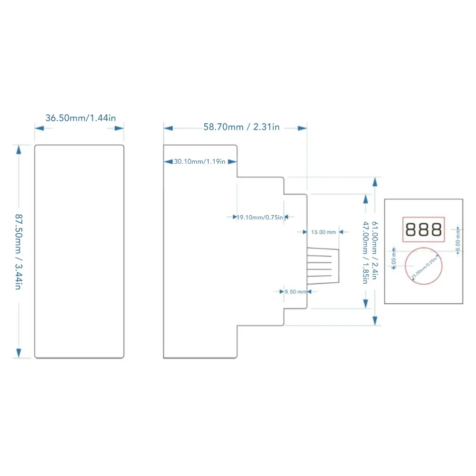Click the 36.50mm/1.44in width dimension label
click(80, 118)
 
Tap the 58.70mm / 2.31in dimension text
click(241, 127)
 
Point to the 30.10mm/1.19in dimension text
click(199, 162)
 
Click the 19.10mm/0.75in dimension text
click(260, 217)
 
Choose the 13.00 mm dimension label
click(323, 232)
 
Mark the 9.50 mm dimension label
click(295, 292)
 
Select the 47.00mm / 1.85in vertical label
click(366, 252)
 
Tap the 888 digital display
click(424, 230)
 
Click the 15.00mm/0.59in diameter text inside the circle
click(424, 267)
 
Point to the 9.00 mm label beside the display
click(458, 239)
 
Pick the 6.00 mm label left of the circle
click(394, 259)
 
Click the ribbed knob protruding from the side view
click(323, 267)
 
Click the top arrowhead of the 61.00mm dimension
click(375, 182)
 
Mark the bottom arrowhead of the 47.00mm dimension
click(366, 303)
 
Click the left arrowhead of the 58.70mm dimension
click(168, 128)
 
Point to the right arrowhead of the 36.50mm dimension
click(119, 128)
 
